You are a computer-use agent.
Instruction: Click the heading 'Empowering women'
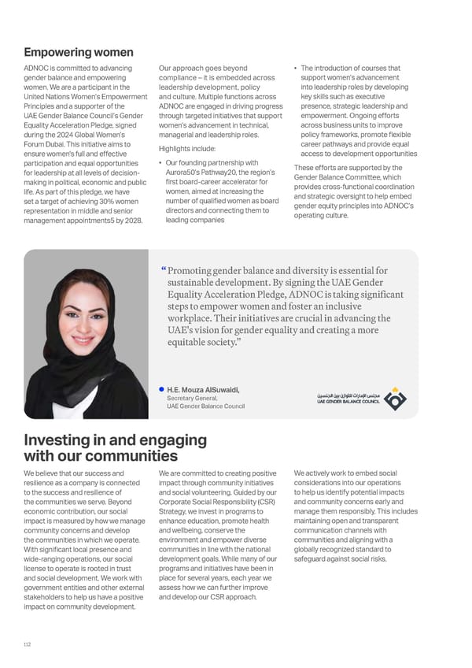tap(79, 53)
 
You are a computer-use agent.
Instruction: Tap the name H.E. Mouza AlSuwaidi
tap(203, 389)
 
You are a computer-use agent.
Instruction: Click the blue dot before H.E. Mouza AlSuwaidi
tap(160, 388)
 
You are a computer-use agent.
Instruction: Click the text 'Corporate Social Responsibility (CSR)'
tap(216, 501)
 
